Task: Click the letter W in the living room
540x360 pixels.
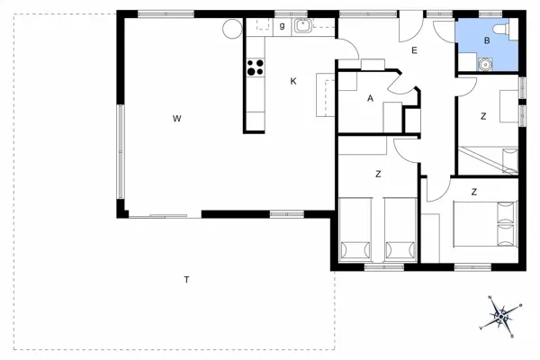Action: pyautogui.click(x=177, y=118)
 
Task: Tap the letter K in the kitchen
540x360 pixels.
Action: pyautogui.click(x=293, y=81)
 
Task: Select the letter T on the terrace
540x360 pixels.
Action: pyautogui.click(x=186, y=280)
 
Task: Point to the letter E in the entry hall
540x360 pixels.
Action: pyautogui.click(x=414, y=50)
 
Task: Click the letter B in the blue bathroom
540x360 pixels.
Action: pyautogui.click(x=487, y=40)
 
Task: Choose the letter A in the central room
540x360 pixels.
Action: pyautogui.click(x=370, y=98)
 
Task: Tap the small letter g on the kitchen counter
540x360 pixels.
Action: pyautogui.click(x=282, y=25)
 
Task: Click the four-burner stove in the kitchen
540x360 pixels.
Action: pyautogui.click(x=255, y=67)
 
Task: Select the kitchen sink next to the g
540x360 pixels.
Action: pyautogui.click(x=302, y=26)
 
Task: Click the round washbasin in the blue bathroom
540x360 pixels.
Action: pyautogui.click(x=486, y=64)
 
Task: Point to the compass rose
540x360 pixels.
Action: pyautogui.click(x=501, y=315)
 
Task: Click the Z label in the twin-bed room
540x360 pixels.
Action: pyautogui.click(x=378, y=174)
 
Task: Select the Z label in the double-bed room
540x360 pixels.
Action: pyautogui.click(x=473, y=192)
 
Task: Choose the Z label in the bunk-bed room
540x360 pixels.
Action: pyautogui.click(x=483, y=116)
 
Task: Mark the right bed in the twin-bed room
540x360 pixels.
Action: pyautogui.click(x=398, y=229)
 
